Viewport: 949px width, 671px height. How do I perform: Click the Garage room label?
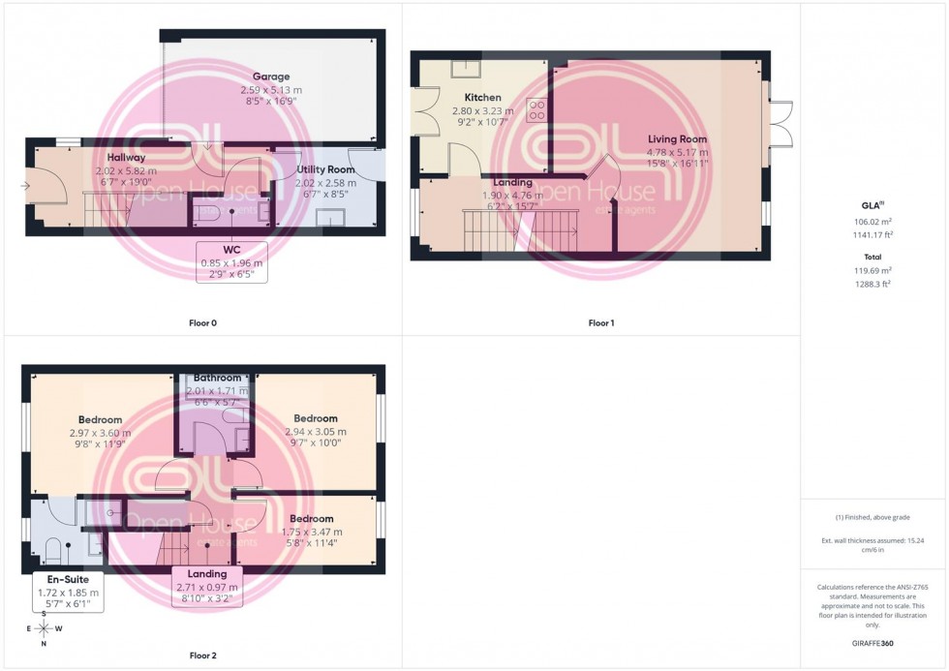271,76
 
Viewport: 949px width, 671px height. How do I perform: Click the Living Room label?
678,139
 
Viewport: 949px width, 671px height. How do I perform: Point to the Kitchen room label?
482,98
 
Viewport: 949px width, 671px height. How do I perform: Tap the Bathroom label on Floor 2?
217,378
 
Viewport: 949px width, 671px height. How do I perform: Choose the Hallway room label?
126,158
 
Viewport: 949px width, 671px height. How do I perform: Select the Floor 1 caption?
600,322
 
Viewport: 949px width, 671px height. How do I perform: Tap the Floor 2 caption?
201,656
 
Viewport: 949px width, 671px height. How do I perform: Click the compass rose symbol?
45,627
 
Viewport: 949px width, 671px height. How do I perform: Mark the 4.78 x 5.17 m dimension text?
678,152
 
